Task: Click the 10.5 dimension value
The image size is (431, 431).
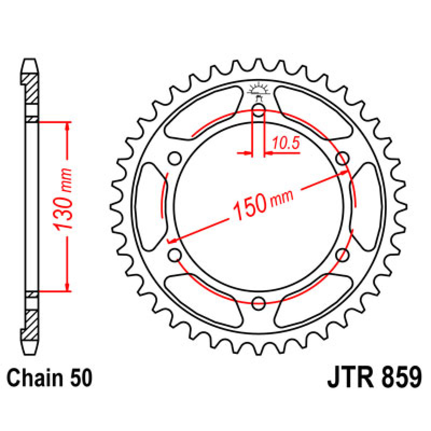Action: tap(286, 144)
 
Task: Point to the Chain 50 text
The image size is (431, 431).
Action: tap(50, 378)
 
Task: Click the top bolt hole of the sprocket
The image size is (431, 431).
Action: tap(259, 111)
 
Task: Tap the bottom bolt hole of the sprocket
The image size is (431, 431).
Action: tap(259, 303)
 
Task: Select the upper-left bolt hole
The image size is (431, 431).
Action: tap(175, 158)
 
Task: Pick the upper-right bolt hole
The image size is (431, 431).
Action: tap(342, 158)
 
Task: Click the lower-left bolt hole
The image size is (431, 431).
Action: tap(175, 255)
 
